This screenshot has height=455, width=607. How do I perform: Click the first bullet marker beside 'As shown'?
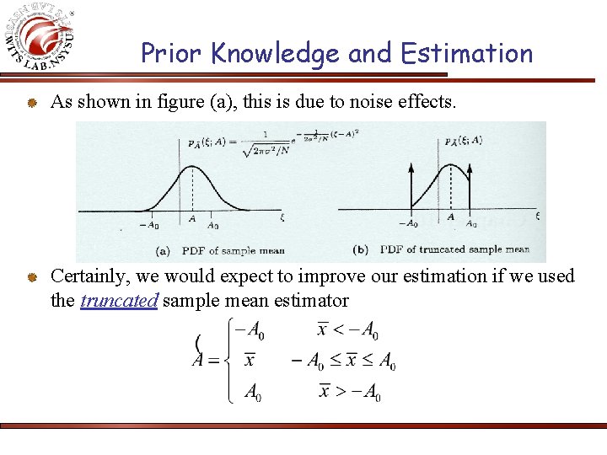[30, 103]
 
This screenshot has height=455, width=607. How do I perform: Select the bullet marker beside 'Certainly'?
[30, 276]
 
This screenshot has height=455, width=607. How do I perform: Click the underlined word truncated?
[119, 301]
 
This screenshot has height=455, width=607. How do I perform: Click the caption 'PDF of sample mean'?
[223, 250]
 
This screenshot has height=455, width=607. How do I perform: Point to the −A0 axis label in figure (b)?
[408, 224]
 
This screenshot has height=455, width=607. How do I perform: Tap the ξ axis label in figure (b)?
[538, 216]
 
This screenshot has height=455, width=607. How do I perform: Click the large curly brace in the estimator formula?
[228, 362]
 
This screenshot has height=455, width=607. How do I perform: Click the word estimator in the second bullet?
[307, 301]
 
